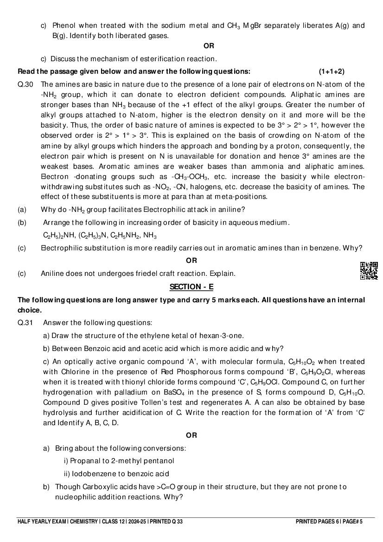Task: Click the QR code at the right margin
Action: pyautogui.click(x=369, y=271)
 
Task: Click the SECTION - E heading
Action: pyautogui.click(x=191, y=287)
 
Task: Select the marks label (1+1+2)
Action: pyautogui.click(x=332, y=71)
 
